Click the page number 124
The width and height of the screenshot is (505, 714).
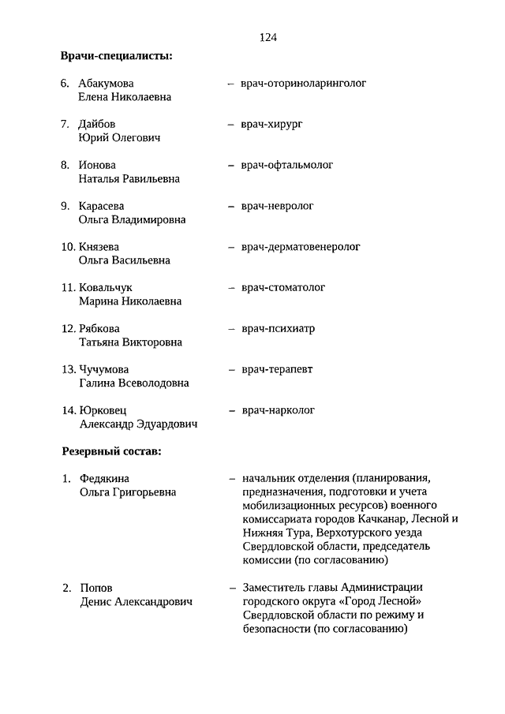pos(267,37)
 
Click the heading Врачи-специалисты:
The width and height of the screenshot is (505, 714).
pos(117,56)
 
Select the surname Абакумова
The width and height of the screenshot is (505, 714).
pos(106,83)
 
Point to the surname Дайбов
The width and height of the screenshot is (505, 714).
pos(97,124)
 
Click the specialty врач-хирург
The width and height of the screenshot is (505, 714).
pos(272,124)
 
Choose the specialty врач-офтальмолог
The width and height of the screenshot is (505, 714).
pos(287,165)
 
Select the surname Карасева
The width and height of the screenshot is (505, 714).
pos(102,206)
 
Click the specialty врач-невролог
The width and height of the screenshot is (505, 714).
pos(278,206)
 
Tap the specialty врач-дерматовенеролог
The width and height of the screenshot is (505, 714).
pos(301,247)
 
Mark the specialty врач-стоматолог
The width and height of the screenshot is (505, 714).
pos(283,288)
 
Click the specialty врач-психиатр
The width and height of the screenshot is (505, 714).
pos(278,329)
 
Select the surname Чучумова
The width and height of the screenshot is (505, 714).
pos(104,369)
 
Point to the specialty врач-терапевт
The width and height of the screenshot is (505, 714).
pos(277,369)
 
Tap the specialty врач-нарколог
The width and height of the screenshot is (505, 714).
pos(279,410)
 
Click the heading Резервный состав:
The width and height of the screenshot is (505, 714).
pos(111,451)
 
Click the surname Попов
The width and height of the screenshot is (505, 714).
pos(96,588)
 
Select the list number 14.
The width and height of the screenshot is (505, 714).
pos(68,410)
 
